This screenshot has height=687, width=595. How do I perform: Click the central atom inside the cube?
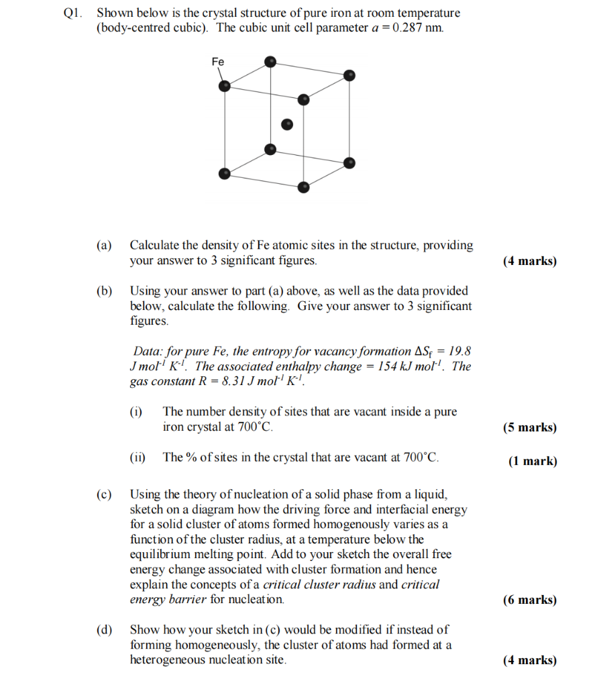[x=287, y=124]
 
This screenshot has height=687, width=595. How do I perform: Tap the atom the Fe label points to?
[x=225, y=86]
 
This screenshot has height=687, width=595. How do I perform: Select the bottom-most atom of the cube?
[x=304, y=187]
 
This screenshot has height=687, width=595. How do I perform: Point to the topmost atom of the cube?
[x=270, y=62]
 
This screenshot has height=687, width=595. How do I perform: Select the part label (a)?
[x=105, y=246]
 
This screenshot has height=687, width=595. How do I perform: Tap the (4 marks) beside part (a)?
[x=529, y=261]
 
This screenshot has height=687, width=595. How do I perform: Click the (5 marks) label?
[x=529, y=427]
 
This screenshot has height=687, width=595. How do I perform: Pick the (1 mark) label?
[x=533, y=461]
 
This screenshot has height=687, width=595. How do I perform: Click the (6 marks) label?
[x=529, y=600]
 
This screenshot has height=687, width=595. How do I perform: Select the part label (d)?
[x=105, y=630]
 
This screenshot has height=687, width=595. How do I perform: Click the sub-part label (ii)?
[x=138, y=458]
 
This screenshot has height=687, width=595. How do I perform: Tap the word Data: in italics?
[x=150, y=351]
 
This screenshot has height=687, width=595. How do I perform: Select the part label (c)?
[x=105, y=494]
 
